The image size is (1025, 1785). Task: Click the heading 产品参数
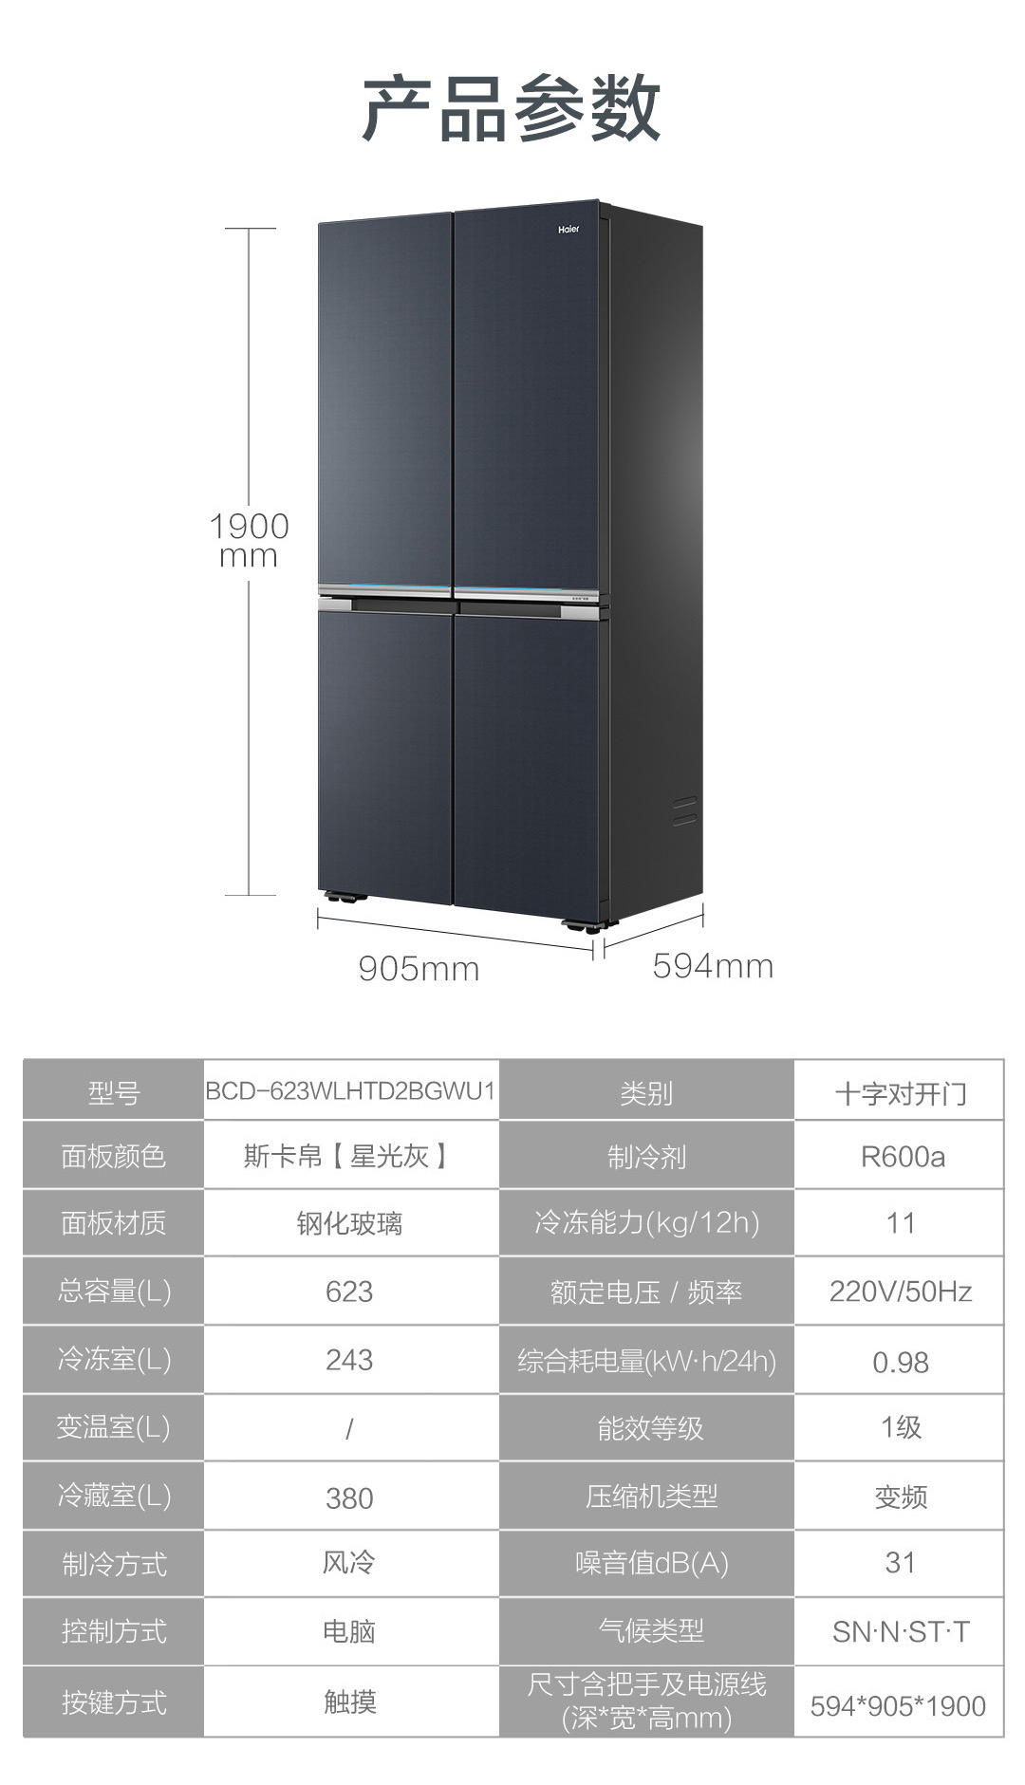coord(512,109)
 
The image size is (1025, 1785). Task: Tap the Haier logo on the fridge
coord(568,230)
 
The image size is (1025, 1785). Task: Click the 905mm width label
coord(419,969)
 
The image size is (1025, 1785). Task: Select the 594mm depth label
coord(713,966)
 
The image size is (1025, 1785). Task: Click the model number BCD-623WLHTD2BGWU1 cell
coord(350,1090)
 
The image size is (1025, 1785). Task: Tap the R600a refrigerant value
coord(902,1157)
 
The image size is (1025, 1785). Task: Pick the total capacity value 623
coord(349,1292)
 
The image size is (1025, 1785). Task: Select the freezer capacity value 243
coord(349,1360)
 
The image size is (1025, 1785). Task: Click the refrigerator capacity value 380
coord(349,1497)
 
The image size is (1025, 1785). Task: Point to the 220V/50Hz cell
coord(900,1292)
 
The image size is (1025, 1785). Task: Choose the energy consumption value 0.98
coord(900,1362)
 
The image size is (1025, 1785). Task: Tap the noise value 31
coord(900,1563)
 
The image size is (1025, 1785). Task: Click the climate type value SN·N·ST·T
coord(900,1631)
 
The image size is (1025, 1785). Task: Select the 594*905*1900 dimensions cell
coord(898,1706)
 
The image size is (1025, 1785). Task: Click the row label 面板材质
coord(114,1223)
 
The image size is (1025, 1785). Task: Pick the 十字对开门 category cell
coord(900,1093)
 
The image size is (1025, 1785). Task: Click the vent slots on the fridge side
coord(684,810)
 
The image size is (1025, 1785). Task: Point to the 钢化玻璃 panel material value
coord(349,1223)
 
